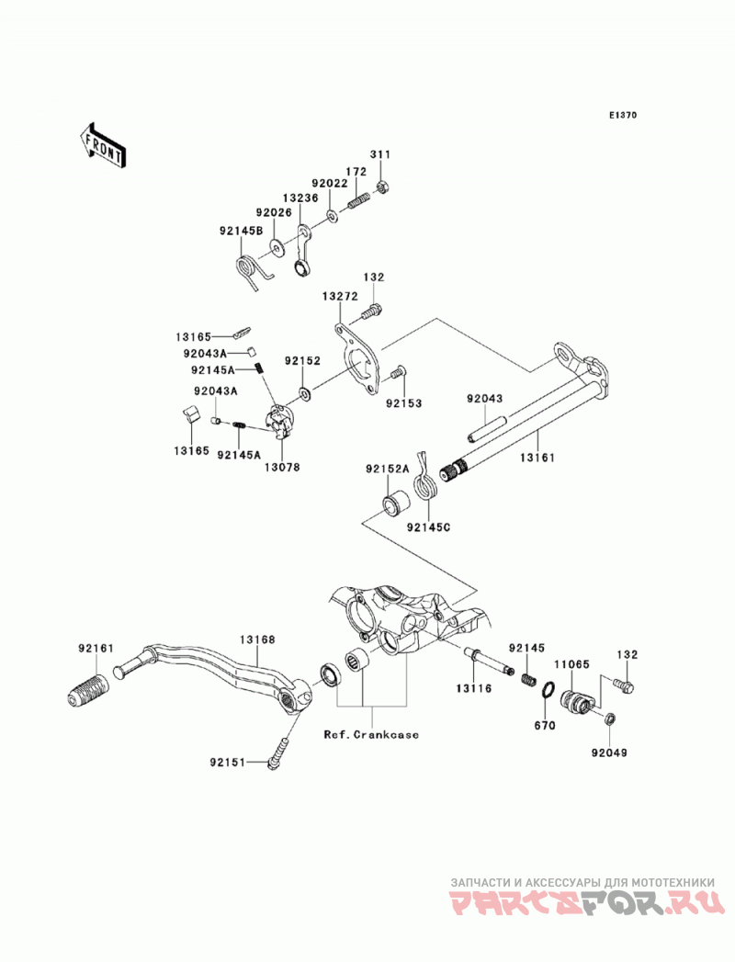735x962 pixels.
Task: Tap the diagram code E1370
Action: pyautogui.click(x=623, y=115)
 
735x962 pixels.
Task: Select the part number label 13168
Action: pyautogui.click(x=257, y=639)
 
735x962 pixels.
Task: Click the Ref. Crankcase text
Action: pyautogui.click(x=371, y=734)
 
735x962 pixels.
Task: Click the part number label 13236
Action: pyautogui.click(x=300, y=198)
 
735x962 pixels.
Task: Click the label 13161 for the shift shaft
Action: pyautogui.click(x=537, y=457)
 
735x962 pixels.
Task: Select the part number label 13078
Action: pyautogui.click(x=282, y=467)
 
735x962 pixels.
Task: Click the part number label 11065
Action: pyautogui.click(x=571, y=663)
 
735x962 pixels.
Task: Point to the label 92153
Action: pyautogui.click(x=403, y=403)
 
